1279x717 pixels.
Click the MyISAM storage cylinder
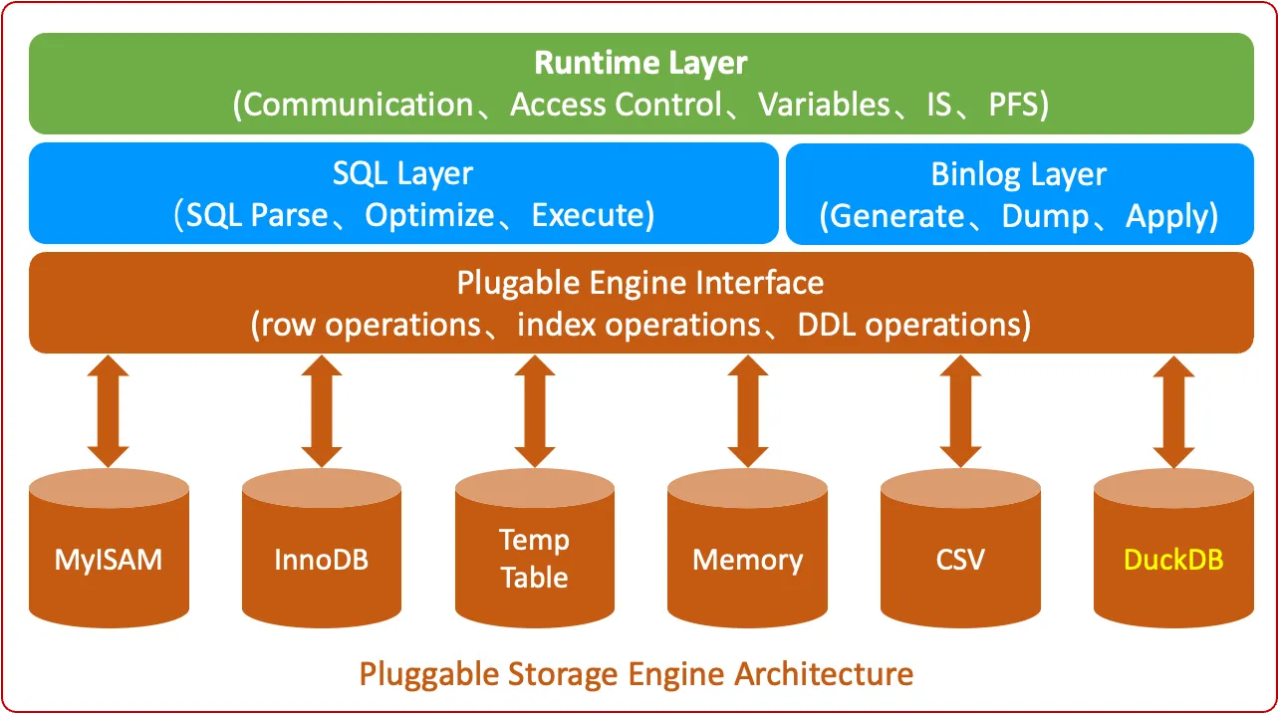click(x=109, y=558)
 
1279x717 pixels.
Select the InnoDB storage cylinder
click(x=321, y=558)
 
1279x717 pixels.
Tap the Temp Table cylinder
click(x=534, y=558)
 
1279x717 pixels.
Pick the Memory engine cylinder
click(x=747, y=558)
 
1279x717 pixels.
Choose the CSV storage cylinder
click(x=960, y=558)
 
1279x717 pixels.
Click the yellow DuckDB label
click(x=1173, y=559)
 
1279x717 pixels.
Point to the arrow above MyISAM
click(x=109, y=411)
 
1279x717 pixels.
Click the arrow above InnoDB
click(x=321, y=411)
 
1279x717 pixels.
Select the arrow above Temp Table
click(x=534, y=411)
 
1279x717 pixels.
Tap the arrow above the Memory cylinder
click(x=747, y=411)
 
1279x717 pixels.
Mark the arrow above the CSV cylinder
click(x=960, y=411)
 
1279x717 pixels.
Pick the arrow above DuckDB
click(x=1173, y=411)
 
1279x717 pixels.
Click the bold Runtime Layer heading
click(x=640, y=63)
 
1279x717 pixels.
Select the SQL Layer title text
click(x=402, y=173)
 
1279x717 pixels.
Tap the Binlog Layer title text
click(x=1018, y=174)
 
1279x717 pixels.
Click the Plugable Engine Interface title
click(x=640, y=283)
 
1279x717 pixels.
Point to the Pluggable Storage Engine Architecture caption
click(x=637, y=674)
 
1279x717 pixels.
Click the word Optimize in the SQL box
click(x=429, y=215)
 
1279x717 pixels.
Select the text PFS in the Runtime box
click(x=1014, y=105)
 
